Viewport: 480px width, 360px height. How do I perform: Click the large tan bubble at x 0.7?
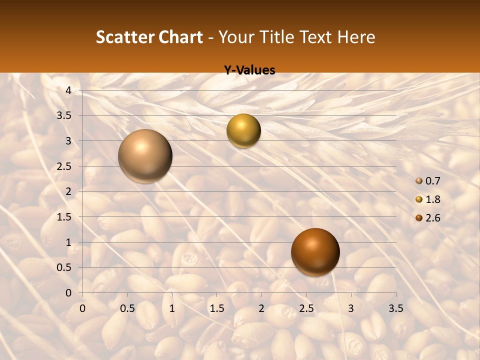[145, 156]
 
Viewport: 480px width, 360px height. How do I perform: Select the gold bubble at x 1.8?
[243, 130]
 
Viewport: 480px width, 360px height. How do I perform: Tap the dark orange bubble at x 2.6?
[315, 252]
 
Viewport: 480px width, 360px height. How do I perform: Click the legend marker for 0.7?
[418, 181]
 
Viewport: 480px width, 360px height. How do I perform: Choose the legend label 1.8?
[432, 199]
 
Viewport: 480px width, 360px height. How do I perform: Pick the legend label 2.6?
[432, 218]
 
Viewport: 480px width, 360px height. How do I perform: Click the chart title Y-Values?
[249, 70]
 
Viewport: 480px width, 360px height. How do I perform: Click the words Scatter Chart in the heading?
[149, 37]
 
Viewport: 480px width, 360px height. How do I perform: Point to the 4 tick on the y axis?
[69, 90]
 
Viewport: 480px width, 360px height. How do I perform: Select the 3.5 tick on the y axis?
[65, 115]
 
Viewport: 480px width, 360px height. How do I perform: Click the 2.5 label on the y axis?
[65, 166]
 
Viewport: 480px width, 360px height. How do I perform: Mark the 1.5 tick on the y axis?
[65, 217]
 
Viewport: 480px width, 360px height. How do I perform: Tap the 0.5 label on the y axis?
[65, 267]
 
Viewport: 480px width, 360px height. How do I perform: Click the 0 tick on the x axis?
[83, 308]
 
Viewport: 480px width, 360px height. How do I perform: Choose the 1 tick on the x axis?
[172, 308]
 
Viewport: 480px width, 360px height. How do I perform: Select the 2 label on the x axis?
[261, 308]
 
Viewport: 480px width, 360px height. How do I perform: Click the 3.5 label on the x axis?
[395, 308]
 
